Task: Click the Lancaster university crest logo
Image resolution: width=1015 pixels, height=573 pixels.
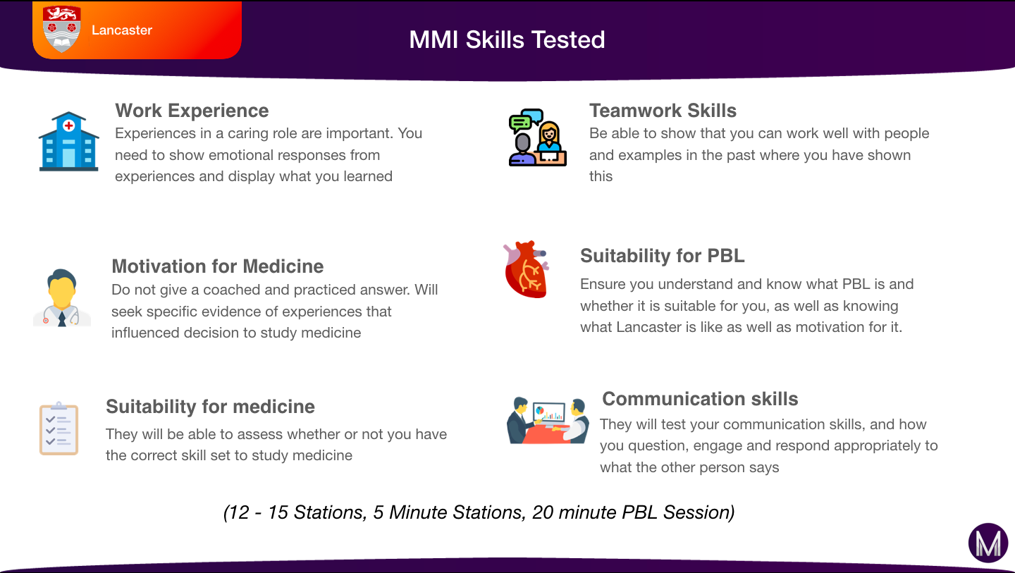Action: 61,29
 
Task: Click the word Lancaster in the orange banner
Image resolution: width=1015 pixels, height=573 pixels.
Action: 122,30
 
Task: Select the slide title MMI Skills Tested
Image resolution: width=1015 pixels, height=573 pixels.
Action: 507,39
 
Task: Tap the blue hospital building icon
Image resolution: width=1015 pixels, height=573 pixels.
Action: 69,142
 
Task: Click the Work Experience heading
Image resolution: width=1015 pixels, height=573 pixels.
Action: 192,111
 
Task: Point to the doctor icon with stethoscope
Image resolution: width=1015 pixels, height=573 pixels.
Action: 62,297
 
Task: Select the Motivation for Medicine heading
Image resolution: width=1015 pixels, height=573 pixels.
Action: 218,266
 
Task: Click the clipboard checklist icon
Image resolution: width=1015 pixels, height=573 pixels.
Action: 59,428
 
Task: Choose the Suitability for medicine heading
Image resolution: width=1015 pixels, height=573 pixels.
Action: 210,406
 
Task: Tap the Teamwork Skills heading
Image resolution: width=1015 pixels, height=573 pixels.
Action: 663,111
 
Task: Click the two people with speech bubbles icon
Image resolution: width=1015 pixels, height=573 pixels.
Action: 537,137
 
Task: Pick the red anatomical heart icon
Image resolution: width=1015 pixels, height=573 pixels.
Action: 526,269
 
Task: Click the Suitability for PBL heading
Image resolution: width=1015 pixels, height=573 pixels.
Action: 663,255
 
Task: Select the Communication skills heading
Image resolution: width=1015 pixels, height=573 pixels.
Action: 700,399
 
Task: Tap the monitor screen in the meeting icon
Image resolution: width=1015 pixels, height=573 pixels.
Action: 548,412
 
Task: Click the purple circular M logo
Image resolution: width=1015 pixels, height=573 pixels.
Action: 988,543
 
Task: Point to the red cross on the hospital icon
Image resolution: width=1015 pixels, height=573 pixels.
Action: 68,125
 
